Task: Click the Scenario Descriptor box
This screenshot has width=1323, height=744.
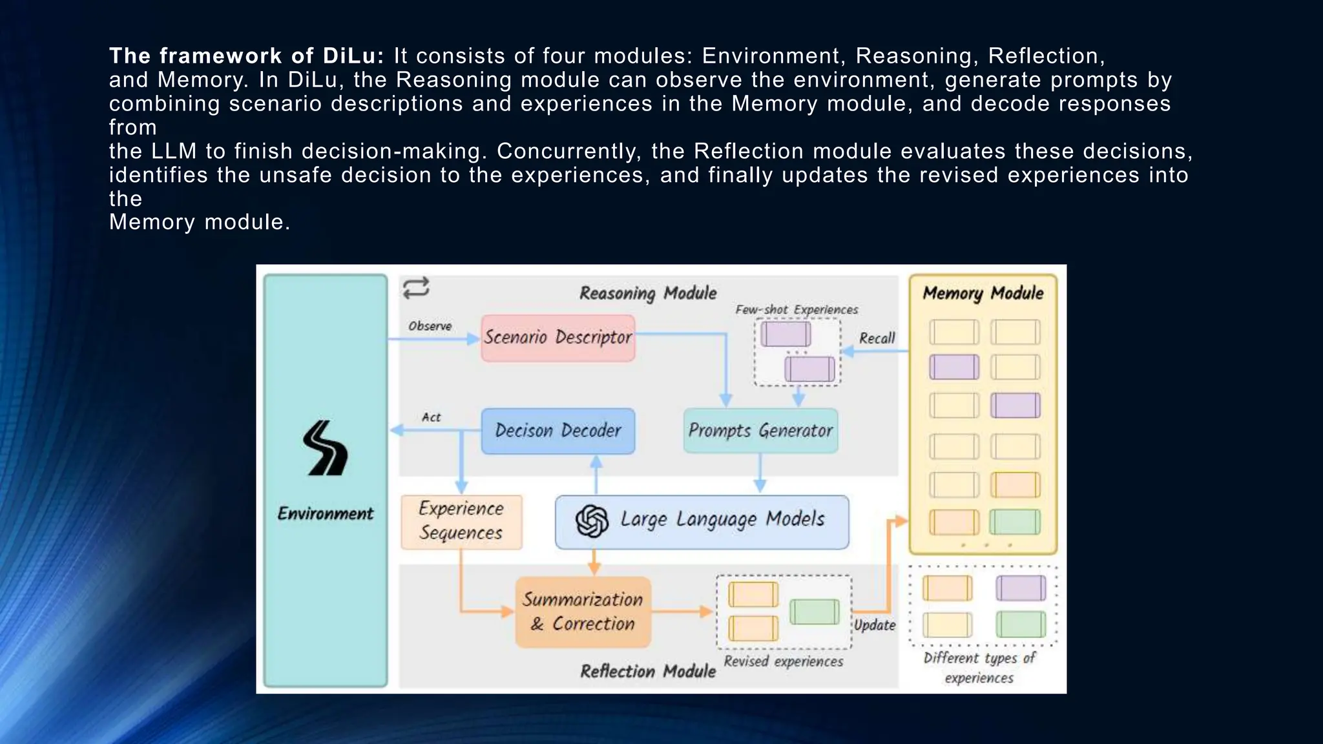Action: point(558,338)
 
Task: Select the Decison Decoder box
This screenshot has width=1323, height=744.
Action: point(558,431)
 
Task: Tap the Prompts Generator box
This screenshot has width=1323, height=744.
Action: point(760,431)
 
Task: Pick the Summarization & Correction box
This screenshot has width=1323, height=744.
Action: point(583,612)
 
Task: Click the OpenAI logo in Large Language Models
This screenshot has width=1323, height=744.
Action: point(592,521)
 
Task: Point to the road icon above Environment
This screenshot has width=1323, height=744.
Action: point(326,448)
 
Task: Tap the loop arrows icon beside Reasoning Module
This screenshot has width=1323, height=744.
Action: point(416,288)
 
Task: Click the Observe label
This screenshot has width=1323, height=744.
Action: point(430,326)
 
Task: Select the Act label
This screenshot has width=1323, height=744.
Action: point(431,417)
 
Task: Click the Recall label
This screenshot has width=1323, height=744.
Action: point(877,338)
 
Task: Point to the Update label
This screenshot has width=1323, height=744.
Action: point(875,625)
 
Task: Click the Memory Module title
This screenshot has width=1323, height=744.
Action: point(983,293)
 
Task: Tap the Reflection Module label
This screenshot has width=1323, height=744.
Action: point(648,671)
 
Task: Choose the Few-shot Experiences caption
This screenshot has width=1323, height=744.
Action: point(797,310)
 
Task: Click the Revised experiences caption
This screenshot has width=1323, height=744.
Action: point(783,661)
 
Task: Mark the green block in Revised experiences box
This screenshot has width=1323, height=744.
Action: point(814,611)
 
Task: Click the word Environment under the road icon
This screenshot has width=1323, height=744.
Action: point(326,513)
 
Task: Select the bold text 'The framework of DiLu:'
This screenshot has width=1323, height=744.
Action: point(246,56)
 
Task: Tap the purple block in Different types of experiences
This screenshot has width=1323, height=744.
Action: point(1020,588)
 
